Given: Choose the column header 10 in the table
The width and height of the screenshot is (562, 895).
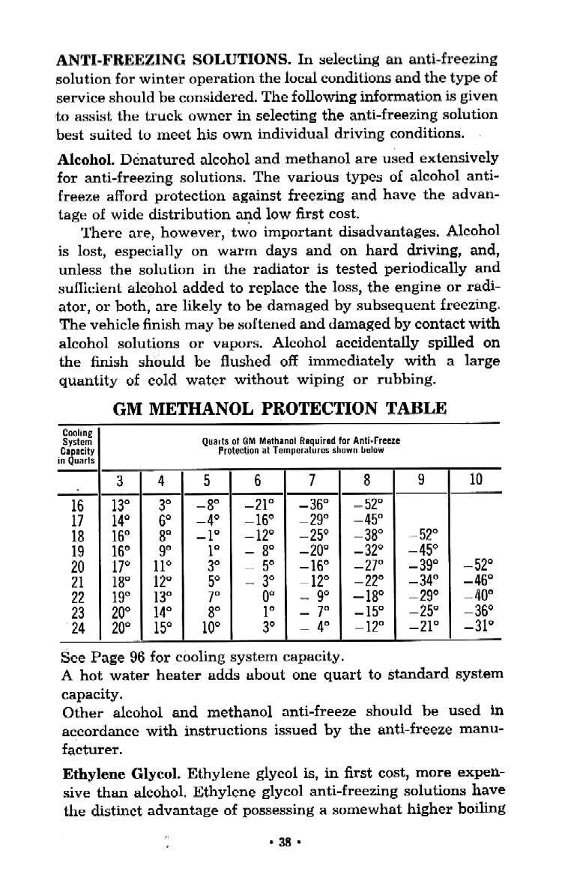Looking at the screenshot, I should (476, 479).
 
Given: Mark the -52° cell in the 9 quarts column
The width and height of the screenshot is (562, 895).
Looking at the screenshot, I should (423, 533).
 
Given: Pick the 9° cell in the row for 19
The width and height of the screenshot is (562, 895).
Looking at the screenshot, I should (163, 548).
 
